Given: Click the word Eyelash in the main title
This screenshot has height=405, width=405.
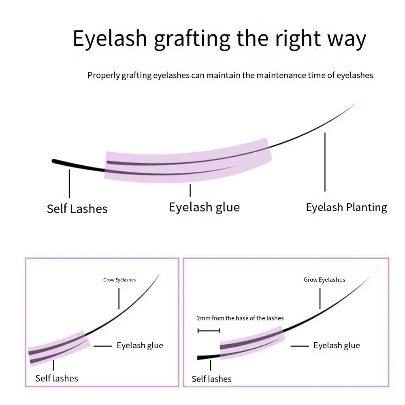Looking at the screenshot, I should tap(109, 38).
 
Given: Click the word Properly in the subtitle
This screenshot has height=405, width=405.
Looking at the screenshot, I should tap(104, 75).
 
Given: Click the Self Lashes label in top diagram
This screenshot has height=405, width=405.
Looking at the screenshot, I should tap(77, 209).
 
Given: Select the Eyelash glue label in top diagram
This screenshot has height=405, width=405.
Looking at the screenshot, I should tap(204, 207).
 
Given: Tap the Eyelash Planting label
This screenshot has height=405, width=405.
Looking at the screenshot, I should tap(346, 207).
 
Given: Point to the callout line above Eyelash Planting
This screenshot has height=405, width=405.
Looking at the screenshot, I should tap(325, 162).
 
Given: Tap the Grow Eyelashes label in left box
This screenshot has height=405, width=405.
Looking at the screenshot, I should tap(119, 280).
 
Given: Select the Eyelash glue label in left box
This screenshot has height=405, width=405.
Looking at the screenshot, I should tap(140, 345).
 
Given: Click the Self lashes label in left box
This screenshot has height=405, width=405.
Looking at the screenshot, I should tap(57, 378).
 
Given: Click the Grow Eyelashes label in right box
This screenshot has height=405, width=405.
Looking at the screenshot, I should tap(324, 280).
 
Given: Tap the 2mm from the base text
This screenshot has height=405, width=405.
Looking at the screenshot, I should tap(240, 318).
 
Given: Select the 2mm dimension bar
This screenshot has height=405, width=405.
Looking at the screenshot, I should tap(209, 330).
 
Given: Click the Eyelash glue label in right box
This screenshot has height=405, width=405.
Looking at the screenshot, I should tap(337, 345).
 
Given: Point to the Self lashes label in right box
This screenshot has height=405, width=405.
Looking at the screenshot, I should tap(211, 379).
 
